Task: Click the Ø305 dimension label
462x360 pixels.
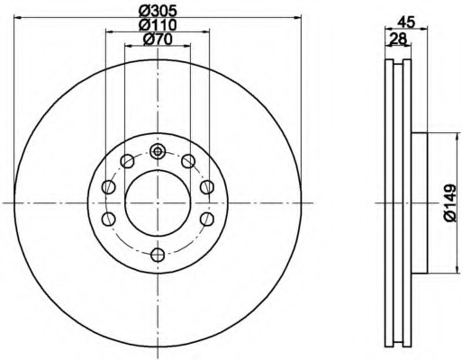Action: [158, 11]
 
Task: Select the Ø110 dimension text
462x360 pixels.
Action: [158, 24]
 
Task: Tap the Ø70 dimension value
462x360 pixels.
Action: [158, 39]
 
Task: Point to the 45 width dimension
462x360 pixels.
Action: [406, 22]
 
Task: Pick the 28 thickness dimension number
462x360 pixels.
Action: [398, 39]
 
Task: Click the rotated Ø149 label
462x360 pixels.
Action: [449, 203]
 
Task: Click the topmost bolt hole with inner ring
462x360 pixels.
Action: [158, 152]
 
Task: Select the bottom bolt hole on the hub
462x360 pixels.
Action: [158, 255]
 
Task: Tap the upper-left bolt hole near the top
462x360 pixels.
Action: [127, 161]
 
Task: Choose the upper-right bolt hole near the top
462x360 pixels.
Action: [188, 161]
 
